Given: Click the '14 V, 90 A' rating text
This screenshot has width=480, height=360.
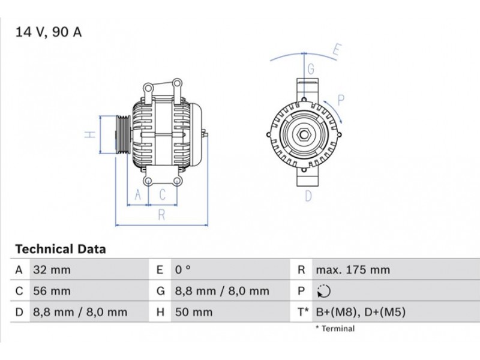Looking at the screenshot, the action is tap(49, 32).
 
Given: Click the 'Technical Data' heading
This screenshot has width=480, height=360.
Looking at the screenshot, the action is tap(61, 249).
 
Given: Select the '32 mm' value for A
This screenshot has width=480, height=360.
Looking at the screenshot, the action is tap(52, 270).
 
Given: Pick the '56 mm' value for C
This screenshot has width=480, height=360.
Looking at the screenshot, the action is tap(52, 291).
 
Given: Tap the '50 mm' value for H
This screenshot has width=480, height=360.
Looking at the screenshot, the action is tap(194, 312).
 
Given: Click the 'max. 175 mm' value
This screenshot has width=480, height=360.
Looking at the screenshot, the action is tap(353, 270).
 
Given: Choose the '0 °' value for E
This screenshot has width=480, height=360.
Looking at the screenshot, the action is tap(183, 269).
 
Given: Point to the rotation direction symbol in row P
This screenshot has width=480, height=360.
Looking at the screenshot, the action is tap(324, 291).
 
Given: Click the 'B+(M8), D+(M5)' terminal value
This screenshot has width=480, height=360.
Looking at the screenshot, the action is tap(361, 312).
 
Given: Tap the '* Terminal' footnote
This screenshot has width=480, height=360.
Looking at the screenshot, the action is tap(335, 328).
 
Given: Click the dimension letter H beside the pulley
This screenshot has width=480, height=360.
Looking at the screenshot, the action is tap(90, 134).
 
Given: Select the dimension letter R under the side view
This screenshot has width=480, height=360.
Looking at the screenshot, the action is tap(161, 215).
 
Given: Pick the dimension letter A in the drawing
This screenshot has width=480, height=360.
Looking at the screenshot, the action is tap(138, 194).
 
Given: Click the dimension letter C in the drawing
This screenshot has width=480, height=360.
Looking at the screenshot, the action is tap(163, 194).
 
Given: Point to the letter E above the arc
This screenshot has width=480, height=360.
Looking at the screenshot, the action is tap(337, 50).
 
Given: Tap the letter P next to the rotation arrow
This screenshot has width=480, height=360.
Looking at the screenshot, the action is tap(341, 100).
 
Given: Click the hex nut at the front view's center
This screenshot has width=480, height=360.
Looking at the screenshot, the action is tap(304, 134).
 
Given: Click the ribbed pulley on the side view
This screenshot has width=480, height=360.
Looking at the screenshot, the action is tap(123, 134).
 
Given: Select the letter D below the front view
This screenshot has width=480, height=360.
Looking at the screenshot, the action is tap(308, 196).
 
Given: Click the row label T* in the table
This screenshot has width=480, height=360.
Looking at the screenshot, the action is tap(303, 312).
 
